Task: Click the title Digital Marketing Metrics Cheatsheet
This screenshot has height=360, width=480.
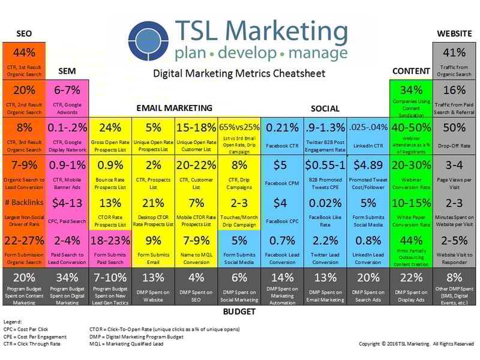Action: [x=239, y=73]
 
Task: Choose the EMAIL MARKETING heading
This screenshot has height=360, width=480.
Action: [x=173, y=108]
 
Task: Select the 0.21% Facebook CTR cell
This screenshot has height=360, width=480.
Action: [x=282, y=136]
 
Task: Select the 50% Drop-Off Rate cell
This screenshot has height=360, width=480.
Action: [x=454, y=136]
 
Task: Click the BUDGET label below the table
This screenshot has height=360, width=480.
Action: [x=239, y=311]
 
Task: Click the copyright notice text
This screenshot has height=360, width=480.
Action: [x=416, y=344]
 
